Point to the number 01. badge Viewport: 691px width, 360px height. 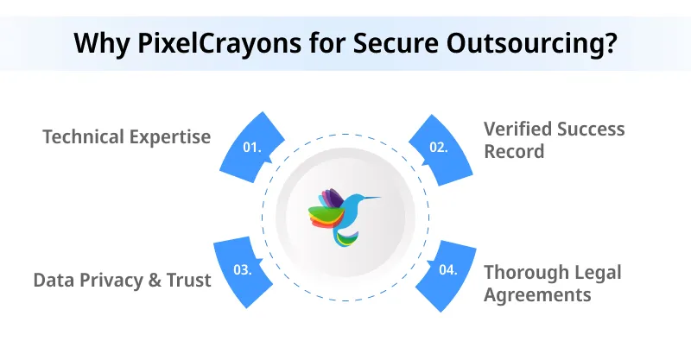pos(252,147)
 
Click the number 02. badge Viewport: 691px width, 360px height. pos(440,147)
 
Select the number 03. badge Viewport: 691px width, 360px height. pos(243,269)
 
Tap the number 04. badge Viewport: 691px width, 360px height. pos(448,269)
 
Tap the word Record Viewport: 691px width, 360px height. pos(515,151)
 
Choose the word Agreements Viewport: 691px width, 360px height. pos(537,295)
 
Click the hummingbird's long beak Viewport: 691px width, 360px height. pos(369,199)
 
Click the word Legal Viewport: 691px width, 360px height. pos(599,272)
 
